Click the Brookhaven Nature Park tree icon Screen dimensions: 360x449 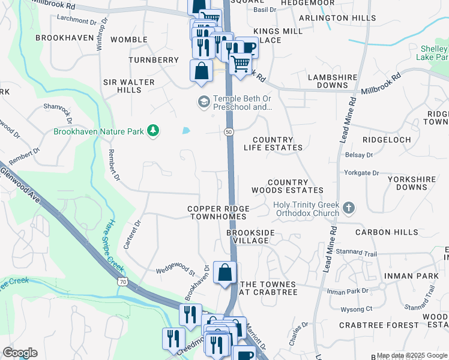(154, 130)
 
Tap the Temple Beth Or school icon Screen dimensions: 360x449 (203, 103)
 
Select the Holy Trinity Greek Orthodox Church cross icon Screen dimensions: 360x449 (349, 209)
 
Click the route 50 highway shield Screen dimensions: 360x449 (229, 132)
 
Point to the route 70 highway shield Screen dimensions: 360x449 (122, 281)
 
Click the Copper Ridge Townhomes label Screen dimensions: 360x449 (218, 213)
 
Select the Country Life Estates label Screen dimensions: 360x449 (273, 143)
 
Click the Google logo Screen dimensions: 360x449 (20, 353)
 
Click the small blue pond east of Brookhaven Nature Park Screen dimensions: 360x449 (185, 130)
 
